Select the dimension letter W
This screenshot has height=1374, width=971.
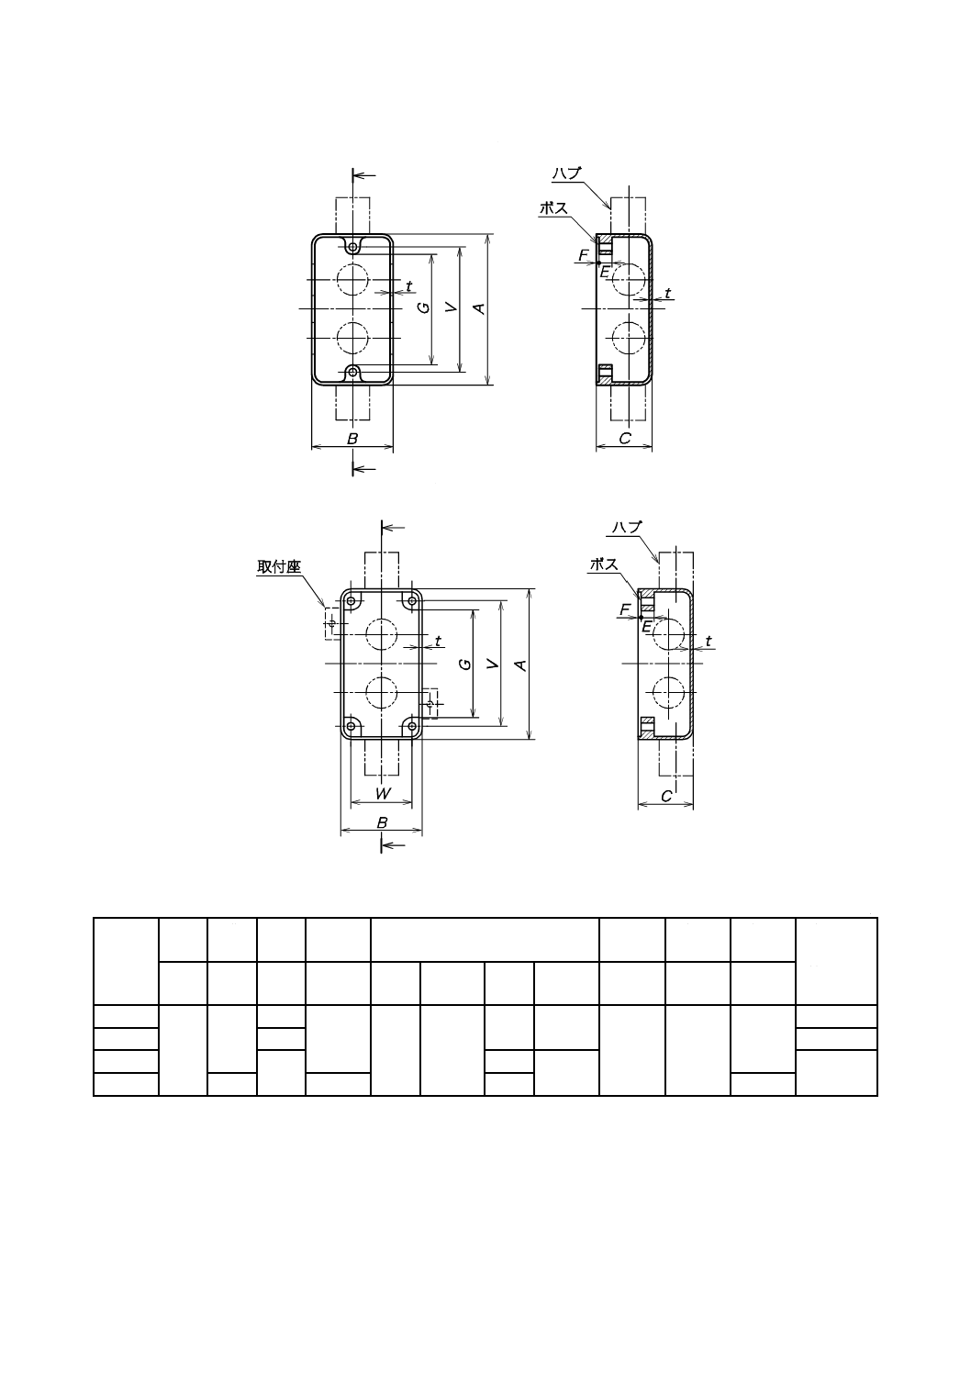(383, 794)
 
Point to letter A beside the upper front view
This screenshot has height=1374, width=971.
(478, 309)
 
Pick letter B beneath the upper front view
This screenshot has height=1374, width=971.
(352, 439)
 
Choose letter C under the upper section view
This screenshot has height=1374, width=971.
(624, 439)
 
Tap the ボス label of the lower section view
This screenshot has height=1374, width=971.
(604, 565)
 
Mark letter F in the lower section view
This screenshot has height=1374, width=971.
(625, 609)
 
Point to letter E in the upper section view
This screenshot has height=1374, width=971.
(604, 272)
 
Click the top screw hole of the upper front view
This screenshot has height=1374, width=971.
(353, 247)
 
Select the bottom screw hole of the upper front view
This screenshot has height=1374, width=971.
(353, 372)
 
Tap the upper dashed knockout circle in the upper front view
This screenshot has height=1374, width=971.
(352, 279)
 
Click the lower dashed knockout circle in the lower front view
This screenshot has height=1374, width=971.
(382, 691)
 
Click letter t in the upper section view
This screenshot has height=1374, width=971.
(667, 293)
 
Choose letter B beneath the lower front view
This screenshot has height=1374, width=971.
(383, 823)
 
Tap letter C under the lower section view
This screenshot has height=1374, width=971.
(666, 798)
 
